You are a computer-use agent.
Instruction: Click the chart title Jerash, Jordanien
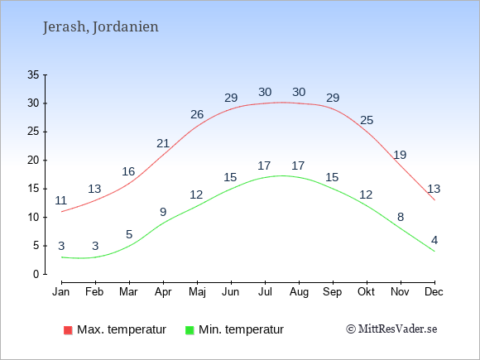pos(101,27)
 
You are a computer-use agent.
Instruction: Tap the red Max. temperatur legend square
pos(68,330)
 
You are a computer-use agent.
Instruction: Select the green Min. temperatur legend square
pos(190,330)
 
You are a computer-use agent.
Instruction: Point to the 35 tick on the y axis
pos(33,74)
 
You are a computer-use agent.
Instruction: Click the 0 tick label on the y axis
pos(36,274)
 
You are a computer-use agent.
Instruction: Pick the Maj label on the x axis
pos(197,292)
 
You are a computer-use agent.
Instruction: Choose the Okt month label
pos(366,292)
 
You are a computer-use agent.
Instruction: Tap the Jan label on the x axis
pos(61,292)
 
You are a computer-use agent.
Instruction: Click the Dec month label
pos(434,292)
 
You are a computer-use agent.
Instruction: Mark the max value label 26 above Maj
pos(197,114)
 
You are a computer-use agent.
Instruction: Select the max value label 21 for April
pos(163,143)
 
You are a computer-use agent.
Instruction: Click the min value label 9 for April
pos(163,212)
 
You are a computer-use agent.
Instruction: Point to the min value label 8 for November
pos(401,217)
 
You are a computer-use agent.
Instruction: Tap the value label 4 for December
pos(434,240)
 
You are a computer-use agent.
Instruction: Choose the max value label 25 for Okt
pos(367,120)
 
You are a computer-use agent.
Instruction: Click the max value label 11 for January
pos(61,200)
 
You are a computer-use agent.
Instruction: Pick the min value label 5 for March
pos(129,234)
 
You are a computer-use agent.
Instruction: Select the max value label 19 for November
pos(400,155)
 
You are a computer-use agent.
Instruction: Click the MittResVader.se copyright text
pos(391,329)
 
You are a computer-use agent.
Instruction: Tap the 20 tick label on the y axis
pos(33,160)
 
